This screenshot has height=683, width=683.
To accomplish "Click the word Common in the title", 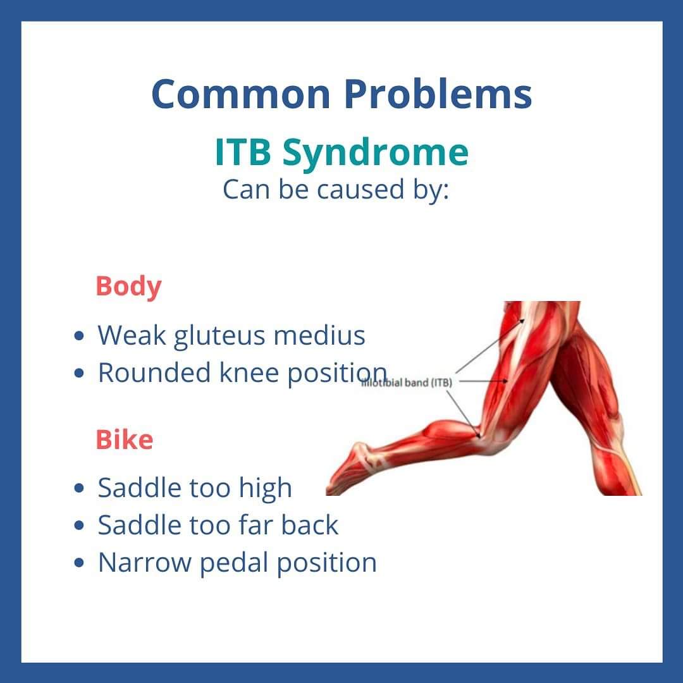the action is point(241,94).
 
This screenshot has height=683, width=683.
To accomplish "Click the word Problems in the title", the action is point(438,94).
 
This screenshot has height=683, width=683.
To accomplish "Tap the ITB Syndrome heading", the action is point(341,153).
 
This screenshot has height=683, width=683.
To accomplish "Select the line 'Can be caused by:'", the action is point(335,190).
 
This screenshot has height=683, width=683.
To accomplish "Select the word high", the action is point(265,488).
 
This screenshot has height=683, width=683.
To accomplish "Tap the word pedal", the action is point(234,563).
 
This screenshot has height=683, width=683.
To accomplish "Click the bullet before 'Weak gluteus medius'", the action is point(79,336).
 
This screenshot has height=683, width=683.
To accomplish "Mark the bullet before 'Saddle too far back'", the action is point(79,526).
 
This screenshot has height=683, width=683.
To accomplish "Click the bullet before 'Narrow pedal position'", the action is point(79,563).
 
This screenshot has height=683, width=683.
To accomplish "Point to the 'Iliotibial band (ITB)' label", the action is point(407,383).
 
